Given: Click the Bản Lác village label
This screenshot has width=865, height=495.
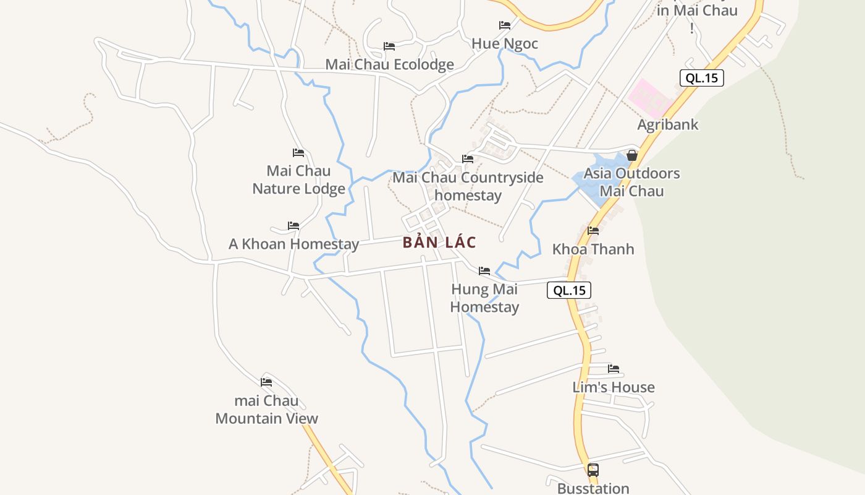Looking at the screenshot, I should click(439, 242).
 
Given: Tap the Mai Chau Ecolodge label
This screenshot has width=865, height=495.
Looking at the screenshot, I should click(389, 64).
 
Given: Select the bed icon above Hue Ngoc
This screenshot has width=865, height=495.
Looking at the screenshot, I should click(505, 25).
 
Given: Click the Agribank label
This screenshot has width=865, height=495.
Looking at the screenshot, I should click(668, 124).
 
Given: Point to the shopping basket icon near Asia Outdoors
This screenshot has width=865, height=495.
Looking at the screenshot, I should click(632, 155).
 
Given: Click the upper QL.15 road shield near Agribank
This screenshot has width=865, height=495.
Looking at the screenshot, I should click(701, 78).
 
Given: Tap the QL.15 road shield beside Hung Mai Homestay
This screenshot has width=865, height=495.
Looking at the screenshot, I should click(569, 290).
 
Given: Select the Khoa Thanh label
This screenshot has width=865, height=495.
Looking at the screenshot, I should click(593, 249).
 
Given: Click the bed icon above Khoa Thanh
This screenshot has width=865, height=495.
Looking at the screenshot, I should click(593, 231).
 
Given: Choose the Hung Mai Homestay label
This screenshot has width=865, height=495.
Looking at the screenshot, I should click(484, 298).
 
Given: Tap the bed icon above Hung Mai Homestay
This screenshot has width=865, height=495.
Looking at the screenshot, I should click(484, 271).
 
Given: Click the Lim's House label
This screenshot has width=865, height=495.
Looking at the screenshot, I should click(614, 387).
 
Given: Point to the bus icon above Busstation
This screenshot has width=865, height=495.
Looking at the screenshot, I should click(593, 470).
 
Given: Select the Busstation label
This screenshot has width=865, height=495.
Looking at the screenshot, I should click(593, 488).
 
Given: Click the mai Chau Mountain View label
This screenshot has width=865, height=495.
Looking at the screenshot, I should click(266, 409).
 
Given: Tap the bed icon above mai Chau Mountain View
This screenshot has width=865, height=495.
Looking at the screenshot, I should click(266, 382).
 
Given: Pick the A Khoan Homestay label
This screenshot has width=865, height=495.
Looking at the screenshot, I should click(293, 244).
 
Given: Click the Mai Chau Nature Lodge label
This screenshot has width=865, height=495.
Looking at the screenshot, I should click(298, 179).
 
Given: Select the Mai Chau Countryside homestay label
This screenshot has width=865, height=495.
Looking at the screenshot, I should click(468, 186).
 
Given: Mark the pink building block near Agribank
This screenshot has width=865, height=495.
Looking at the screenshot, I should click(649, 96).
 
